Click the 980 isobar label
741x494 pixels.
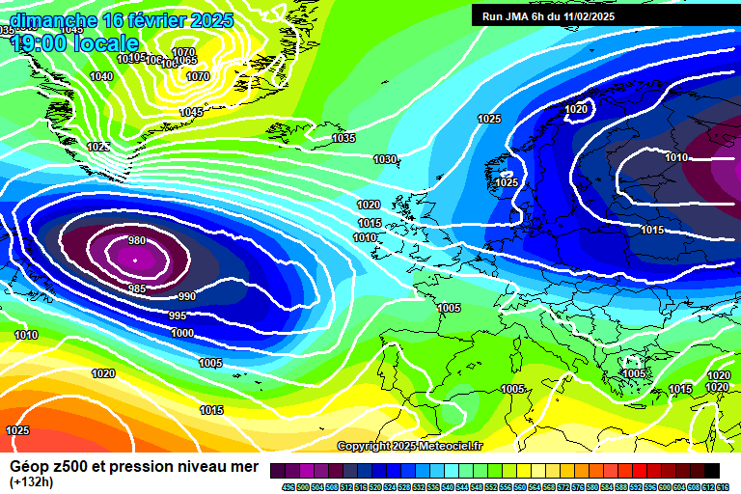[137, 241]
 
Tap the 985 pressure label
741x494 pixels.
[137, 288]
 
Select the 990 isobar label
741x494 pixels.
[187, 296]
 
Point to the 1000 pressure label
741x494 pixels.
[182, 333]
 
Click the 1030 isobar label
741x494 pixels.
[385, 159]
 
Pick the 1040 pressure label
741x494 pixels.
[100, 76]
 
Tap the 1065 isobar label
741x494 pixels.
[185, 61]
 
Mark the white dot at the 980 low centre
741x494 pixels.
[135, 260]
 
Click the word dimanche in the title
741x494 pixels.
[54, 20]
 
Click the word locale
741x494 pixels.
[107, 43]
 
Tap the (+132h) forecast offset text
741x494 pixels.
[33, 481]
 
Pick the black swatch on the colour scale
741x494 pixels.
[712, 470]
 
